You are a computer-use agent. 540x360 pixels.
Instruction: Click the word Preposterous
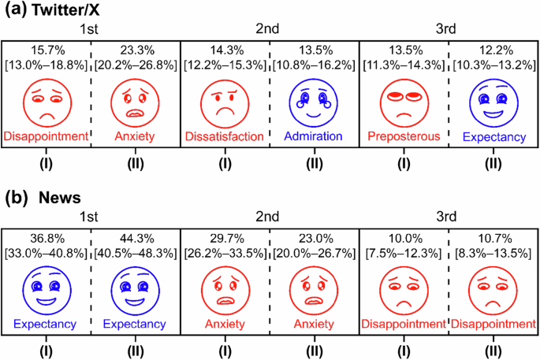tap(404, 136)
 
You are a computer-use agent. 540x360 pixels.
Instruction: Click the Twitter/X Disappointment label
tap(47, 136)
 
